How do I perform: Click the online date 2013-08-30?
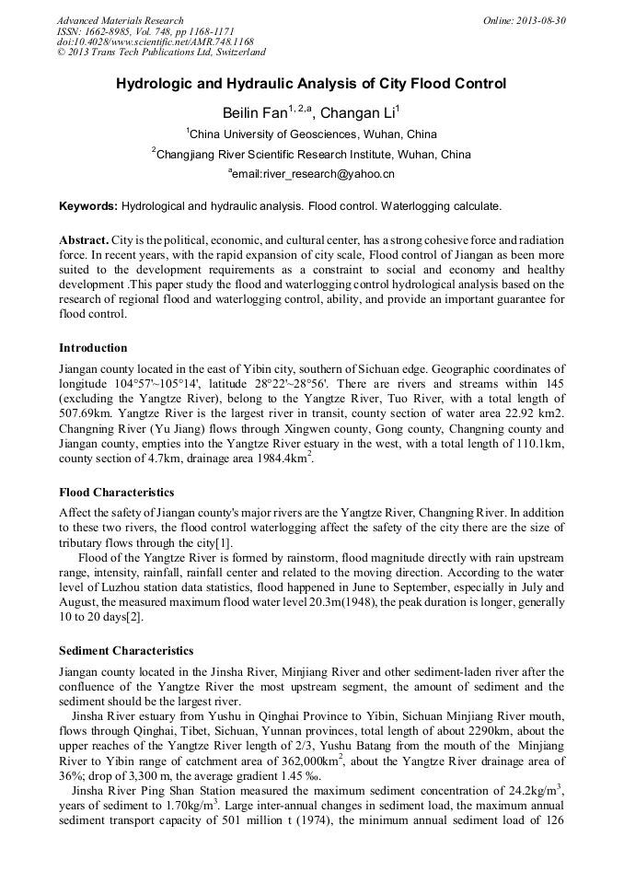[537, 20]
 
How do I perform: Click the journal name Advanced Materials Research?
[120, 20]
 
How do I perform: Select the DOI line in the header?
[156, 41]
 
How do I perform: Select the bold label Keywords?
[88, 205]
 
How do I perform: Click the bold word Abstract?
[85, 239]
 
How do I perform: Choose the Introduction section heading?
[93, 348]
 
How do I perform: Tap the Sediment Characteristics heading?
[126, 651]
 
